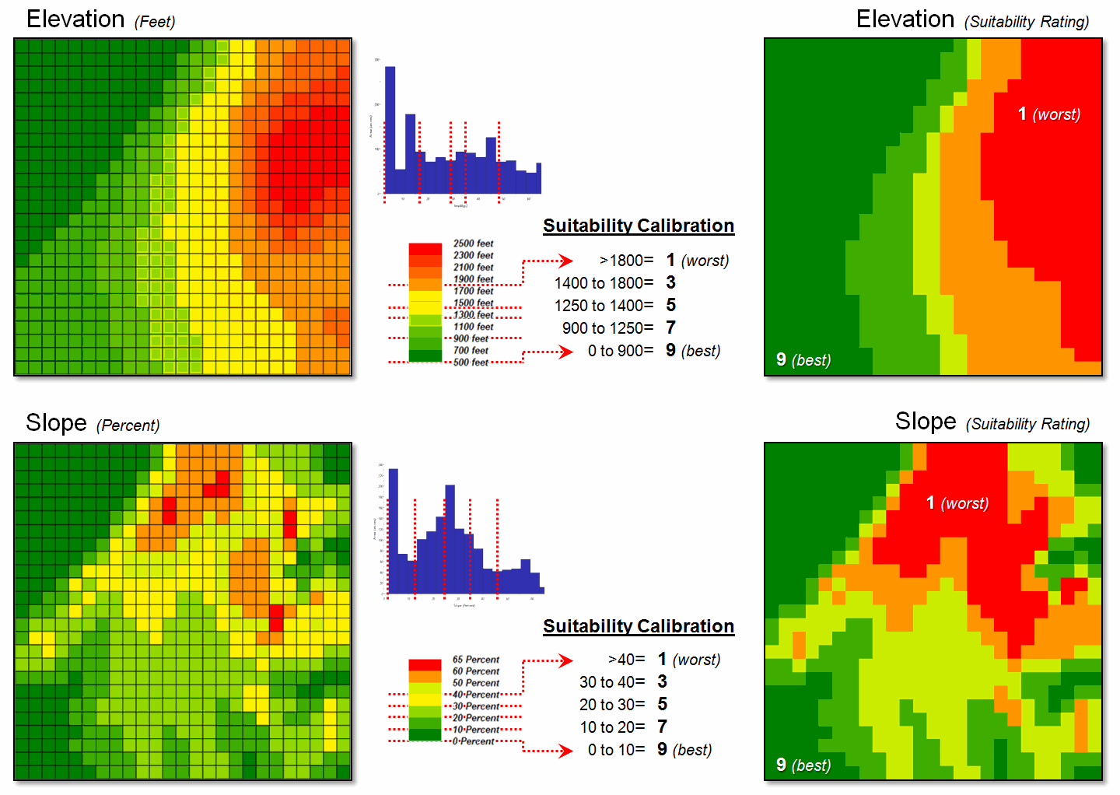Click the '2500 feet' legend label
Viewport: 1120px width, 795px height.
click(473, 243)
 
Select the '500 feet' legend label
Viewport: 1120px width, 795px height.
click(471, 362)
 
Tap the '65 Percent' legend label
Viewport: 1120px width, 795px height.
click(475, 660)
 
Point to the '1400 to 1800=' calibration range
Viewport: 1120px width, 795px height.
click(604, 283)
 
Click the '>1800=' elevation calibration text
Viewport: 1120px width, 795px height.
click(626, 261)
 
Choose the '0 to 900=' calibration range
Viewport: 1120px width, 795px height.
click(620, 351)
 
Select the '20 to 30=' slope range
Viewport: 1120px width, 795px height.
click(612, 705)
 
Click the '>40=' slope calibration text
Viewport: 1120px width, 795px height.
click(626, 660)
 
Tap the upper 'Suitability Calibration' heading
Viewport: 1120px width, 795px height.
click(638, 226)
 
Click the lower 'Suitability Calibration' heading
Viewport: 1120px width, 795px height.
click(638, 626)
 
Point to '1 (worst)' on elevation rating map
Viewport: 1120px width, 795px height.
click(1048, 114)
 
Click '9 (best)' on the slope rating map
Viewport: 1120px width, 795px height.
click(803, 765)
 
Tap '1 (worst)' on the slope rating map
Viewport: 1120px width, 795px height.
click(957, 503)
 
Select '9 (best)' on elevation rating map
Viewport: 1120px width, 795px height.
click(803, 360)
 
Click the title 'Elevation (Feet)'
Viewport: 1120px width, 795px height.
click(100, 19)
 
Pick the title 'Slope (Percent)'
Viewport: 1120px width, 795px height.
click(92, 423)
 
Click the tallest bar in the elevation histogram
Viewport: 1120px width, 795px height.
click(390, 129)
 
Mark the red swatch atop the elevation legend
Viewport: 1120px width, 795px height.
click(425, 249)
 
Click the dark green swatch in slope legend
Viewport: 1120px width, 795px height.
click(425, 735)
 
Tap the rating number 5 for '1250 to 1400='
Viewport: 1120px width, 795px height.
click(670, 305)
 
